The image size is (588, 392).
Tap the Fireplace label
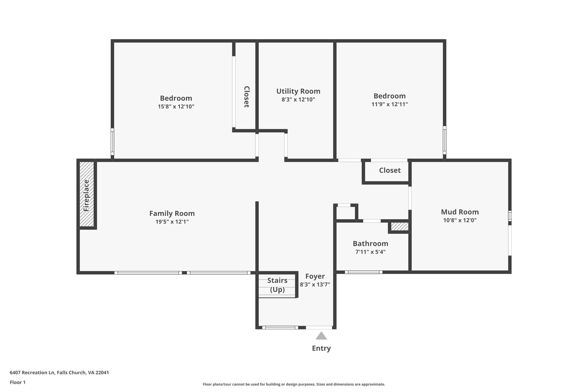(86, 196)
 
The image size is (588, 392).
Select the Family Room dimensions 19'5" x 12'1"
(172, 222)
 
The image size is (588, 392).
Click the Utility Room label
(298, 91)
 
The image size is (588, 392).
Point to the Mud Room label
(460, 212)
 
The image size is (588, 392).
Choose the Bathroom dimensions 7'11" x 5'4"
(370, 252)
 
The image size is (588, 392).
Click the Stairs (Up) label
(277, 285)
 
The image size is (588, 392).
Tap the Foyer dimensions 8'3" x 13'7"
(315, 285)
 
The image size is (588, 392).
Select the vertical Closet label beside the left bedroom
(246, 97)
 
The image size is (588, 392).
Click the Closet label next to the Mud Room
(390, 170)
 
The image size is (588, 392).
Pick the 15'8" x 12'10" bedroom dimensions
(176, 107)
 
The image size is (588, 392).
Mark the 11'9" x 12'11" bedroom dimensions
(390, 104)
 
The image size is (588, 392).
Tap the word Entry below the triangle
(321, 348)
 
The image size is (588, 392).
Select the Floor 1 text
(18, 382)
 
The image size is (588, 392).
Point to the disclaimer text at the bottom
(294, 384)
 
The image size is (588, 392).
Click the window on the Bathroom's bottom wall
(363, 272)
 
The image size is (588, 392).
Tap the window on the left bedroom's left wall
(113, 142)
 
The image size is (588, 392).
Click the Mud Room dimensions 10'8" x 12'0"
(460, 220)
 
